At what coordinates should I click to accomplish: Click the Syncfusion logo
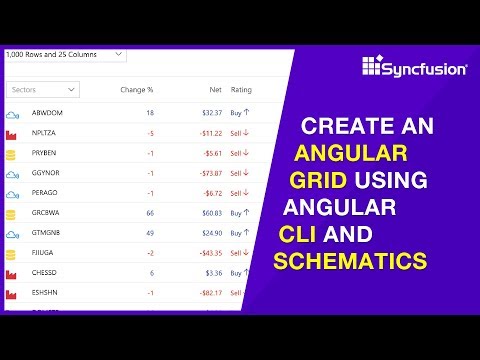point(412,68)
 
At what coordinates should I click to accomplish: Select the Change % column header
point(136,90)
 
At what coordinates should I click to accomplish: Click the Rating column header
point(241,90)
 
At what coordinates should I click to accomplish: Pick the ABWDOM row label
point(46,113)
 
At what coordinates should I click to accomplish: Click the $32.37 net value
point(208,113)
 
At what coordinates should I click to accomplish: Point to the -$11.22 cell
point(206,133)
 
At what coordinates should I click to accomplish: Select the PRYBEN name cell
point(46,154)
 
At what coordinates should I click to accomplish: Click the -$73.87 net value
point(206,173)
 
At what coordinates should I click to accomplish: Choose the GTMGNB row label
point(47,233)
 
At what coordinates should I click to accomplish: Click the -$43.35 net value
point(206,253)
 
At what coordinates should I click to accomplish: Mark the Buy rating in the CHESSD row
point(238,273)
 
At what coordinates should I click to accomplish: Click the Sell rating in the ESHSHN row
point(238,293)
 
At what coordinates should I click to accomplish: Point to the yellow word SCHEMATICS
point(351,262)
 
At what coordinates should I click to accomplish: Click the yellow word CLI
point(299,236)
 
